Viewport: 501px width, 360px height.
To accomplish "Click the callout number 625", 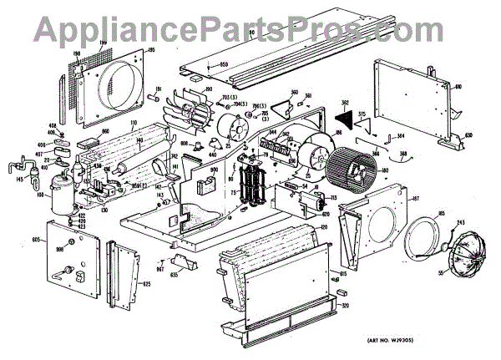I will (x=147, y=285).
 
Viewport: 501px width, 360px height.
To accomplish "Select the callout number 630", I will (x=469, y=135).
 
